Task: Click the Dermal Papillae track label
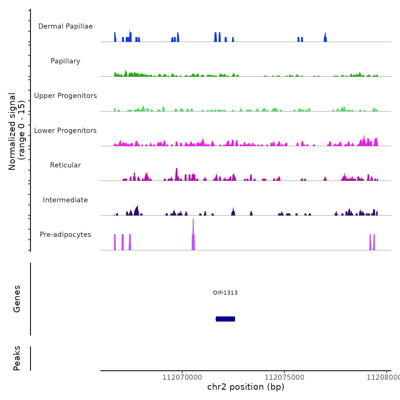tap(65, 26)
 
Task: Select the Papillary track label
tap(65, 61)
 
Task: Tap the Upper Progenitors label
tap(65, 96)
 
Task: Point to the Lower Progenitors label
tap(65, 131)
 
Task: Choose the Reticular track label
tap(65, 165)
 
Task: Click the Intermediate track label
tap(65, 200)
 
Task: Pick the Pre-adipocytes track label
tap(65, 235)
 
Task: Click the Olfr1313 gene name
tap(225, 293)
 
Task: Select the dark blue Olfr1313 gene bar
tap(225, 319)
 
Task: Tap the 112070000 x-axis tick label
tap(182, 377)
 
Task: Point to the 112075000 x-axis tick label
tap(284, 377)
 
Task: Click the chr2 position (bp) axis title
tap(246, 387)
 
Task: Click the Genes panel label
tap(17, 299)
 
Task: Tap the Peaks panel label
tap(17, 358)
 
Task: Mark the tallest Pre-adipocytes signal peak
tap(193, 234)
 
